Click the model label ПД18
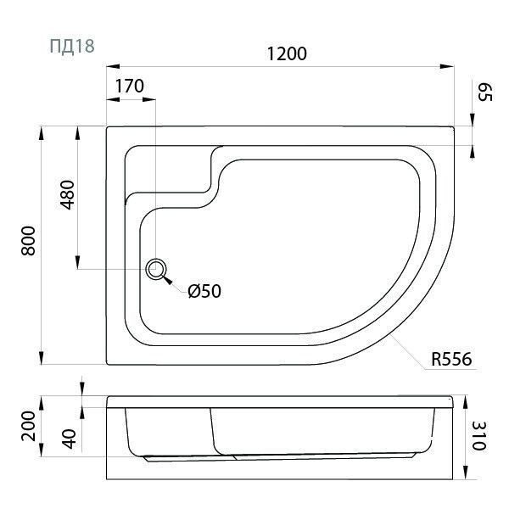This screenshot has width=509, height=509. point(72,46)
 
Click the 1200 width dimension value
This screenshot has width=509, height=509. point(287,54)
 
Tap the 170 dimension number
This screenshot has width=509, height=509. point(130,86)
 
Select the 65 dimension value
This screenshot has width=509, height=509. point(485,92)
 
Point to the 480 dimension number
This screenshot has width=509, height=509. point(68,195)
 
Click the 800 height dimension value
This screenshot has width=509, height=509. point(28,241)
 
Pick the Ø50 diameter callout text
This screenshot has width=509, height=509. point(204,291)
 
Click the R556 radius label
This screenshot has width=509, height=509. point(451,360)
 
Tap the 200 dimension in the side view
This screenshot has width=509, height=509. point(28,426)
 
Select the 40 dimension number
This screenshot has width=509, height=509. point(69,439)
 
